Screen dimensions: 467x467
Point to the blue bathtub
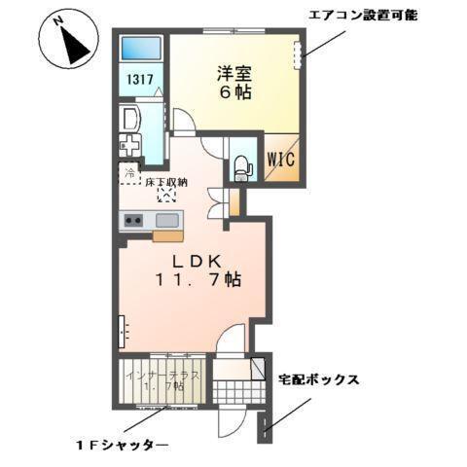(x=141, y=50)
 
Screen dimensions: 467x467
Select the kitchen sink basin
(x=166, y=220)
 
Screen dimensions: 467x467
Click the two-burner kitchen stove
(x=133, y=221)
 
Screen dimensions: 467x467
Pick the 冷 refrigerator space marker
(x=129, y=173)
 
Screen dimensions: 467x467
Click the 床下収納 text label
(x=166, y=182)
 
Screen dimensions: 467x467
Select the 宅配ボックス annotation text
(x=320, y=379)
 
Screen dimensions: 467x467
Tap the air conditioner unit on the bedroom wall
(x=299, y=55)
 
